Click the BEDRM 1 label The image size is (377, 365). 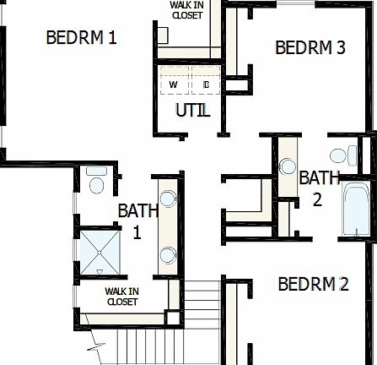pos(81,38)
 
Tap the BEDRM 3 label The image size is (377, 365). pos(310,47)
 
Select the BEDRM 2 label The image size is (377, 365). pos(313,284)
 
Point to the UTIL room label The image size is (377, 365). pos(192,111)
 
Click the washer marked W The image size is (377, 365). pos(173,85)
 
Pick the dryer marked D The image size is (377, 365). pos(206,85)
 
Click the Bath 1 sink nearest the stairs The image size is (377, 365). pos(167,253)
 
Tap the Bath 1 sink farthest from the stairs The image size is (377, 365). pos(167,199)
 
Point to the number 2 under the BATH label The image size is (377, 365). pos(317,199)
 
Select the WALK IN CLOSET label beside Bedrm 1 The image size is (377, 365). pos(186,9)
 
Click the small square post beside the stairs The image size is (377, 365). pos(175,319)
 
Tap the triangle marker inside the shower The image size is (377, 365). pos(100,271)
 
